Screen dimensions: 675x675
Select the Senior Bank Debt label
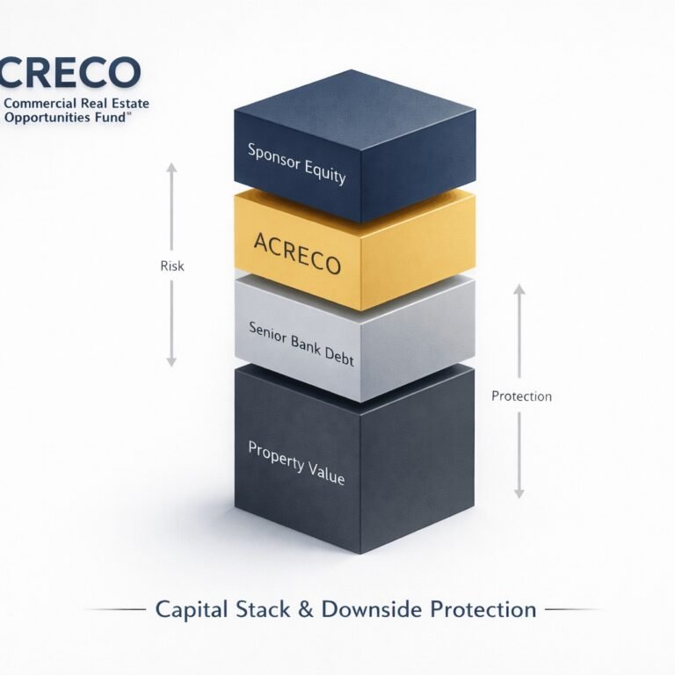tap(300, 339)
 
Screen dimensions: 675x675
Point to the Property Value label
tap(296, 462)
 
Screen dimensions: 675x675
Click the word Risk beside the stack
tap(172, 265)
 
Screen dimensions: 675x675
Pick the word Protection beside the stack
tap(521, 396)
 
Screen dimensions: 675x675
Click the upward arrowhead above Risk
tap(172, 167)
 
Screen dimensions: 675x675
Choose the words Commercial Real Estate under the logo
tap(76, 104)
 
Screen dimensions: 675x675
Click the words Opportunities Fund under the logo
tap(66, 117)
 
